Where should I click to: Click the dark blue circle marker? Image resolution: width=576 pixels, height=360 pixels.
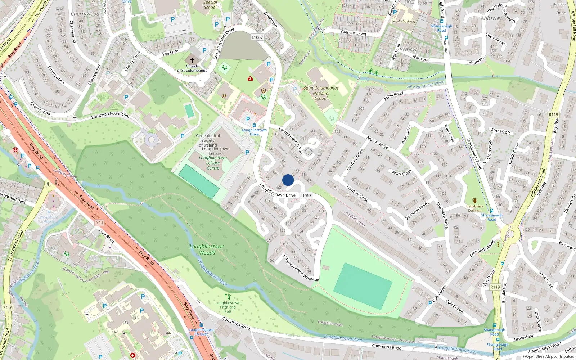tap(288, 180)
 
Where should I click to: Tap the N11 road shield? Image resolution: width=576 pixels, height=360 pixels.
tap(99, 223)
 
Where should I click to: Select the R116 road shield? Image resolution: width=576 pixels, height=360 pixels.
tap(8, 307)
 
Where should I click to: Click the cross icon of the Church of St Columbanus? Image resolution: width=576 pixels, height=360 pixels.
tap(192, 60)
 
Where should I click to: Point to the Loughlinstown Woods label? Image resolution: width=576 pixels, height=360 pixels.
tap(207, 249)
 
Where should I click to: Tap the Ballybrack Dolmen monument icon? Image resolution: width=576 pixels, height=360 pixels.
tap(475, 201)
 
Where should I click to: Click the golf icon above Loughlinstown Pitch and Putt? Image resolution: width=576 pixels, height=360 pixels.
tap(227, 297)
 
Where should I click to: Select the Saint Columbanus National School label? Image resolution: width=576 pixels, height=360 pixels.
tap(321, 93)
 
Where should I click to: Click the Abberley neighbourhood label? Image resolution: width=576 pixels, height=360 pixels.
tap(491, 18)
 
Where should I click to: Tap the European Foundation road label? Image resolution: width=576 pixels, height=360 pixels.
tap(111, 115)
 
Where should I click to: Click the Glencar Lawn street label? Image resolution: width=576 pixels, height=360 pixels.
tap(353, 33)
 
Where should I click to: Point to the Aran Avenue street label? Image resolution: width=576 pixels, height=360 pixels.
tap(377, 143)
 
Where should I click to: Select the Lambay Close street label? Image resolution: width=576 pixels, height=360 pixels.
tap(357, 193)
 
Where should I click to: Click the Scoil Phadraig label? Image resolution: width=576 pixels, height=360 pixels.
tap(404, 21)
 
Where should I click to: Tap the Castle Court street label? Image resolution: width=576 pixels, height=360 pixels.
tap(514, 154)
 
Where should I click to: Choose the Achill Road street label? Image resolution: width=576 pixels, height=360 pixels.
tap(393, 96)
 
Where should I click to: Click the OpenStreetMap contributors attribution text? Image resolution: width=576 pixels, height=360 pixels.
tap(548, 356)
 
